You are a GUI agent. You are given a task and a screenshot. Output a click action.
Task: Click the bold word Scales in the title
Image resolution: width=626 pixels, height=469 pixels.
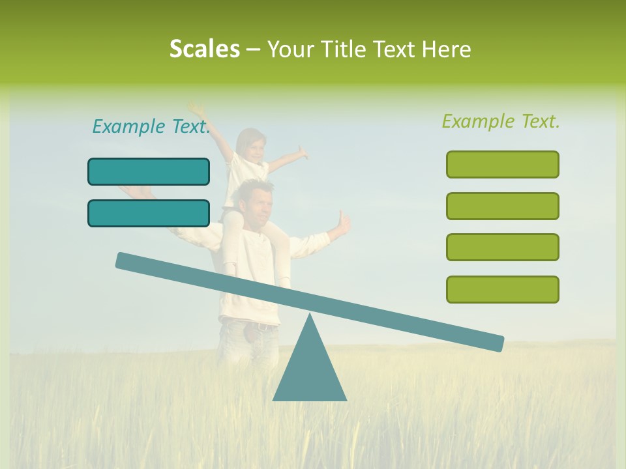[x=204, y=49]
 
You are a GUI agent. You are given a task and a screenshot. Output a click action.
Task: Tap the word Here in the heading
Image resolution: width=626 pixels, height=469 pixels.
[x=447, y=49]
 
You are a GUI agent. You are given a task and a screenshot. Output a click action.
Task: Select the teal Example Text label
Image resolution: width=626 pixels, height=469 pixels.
[x=151, y=126]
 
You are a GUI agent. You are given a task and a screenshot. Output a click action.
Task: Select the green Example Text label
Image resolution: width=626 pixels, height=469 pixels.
[x=501, y=121]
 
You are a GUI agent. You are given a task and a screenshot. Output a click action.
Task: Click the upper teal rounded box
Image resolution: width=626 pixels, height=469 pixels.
[x=149, y=171]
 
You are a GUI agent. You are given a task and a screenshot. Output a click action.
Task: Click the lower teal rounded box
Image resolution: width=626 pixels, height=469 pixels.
[x=149, y=213]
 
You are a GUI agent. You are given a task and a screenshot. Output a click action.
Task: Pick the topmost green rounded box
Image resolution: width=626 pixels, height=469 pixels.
[x=502, y=164]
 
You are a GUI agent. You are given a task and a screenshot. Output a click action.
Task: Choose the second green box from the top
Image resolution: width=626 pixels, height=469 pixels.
[x=502, y=206]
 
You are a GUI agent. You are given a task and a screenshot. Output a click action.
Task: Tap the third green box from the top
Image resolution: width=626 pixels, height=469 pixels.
[x=502, y=247]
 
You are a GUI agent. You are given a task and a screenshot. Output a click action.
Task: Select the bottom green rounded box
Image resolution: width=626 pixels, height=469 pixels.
[x=502, y=289]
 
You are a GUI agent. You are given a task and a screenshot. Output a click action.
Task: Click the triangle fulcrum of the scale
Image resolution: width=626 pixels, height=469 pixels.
[x=310, y=371]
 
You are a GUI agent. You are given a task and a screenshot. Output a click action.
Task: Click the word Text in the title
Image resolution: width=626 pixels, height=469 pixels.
[x=394, y=49]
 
